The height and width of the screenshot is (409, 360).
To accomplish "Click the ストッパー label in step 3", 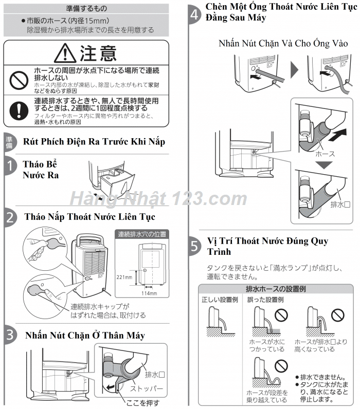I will click(149, 388).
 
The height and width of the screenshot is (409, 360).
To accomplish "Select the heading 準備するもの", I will click(86, 9).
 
